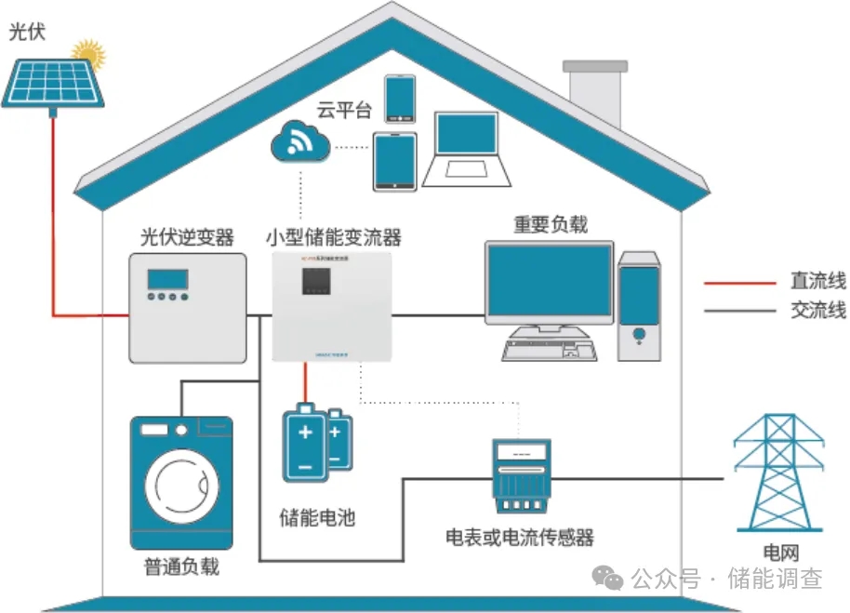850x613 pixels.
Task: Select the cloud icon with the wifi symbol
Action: [x=300, y=144]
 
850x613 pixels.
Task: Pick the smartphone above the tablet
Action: [x=401, y=98]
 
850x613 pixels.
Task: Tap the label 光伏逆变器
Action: [x=187, y=237]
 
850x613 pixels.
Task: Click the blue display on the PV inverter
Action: [x=167, y=279]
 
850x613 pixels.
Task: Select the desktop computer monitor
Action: [x=549, y=283]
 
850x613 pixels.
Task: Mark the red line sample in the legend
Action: [x=739, y=283]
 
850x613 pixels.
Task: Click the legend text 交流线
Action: [x=817, y=311]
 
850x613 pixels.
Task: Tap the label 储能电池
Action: [x=317, y=517]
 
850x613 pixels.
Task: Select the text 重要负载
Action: [x=550, y=225]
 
